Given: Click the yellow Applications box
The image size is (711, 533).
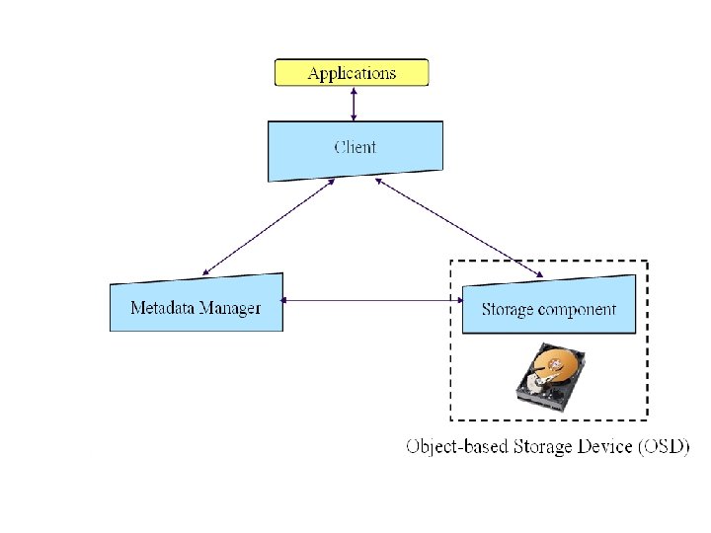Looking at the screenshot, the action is tap(352, 72).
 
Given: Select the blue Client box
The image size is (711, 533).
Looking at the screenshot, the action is tap(355, 150).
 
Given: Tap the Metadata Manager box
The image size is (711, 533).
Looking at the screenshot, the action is tap(197, 303).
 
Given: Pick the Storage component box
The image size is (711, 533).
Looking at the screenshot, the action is tap(549, 305).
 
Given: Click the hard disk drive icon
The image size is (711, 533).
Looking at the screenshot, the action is tap(550, 377).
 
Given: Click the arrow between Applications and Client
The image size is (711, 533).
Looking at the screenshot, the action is tap(354, 104).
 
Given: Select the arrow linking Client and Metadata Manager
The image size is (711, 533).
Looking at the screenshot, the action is tap(269, 227).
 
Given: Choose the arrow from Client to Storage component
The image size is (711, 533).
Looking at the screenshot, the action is tap(459, 228).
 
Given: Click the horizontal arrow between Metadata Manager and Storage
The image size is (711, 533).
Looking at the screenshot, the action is tap(372, 300).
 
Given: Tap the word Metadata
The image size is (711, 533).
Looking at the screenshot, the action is tap(162, 308).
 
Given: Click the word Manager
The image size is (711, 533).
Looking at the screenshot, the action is tap(230, 309).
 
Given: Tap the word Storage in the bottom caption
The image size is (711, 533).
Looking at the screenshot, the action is tap(542, 447).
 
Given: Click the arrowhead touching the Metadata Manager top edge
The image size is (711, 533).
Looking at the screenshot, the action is tap(205, 272).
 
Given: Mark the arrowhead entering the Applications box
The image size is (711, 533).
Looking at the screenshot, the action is tap(354, 91).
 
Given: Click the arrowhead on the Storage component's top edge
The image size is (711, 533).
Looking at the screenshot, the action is tap(539, 274).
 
